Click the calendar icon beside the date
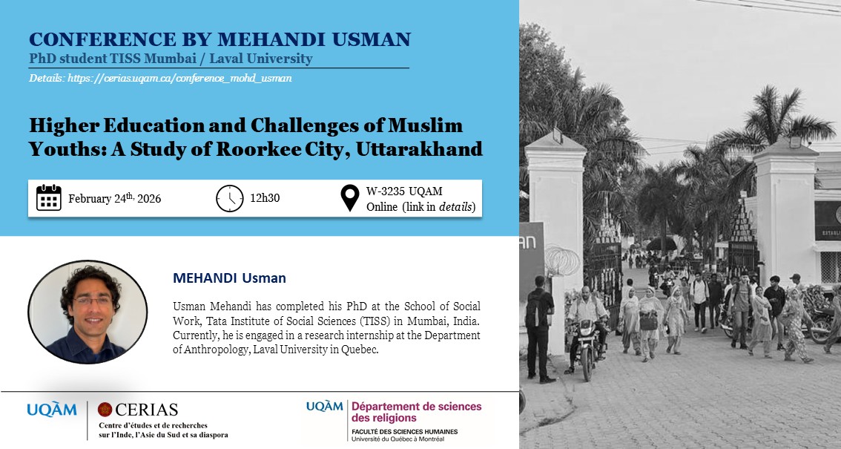pos(49,198)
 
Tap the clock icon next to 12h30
pos(230,198)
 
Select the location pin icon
pos(350,198)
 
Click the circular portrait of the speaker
pos(88,312)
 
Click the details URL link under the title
pos(160,79)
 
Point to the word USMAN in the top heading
pos(371,39)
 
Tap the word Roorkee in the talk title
pos(253,149)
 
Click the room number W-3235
pos(386,191)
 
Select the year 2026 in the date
pos(149,198)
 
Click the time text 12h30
pos(265,198)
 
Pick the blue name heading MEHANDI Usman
pos(229,278)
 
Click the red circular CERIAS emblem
pos(105,410)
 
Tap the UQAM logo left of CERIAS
pos(52,410)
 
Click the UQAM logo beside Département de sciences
pos(325,406)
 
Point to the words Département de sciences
pos(417,407)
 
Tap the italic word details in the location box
pos(455,207)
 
